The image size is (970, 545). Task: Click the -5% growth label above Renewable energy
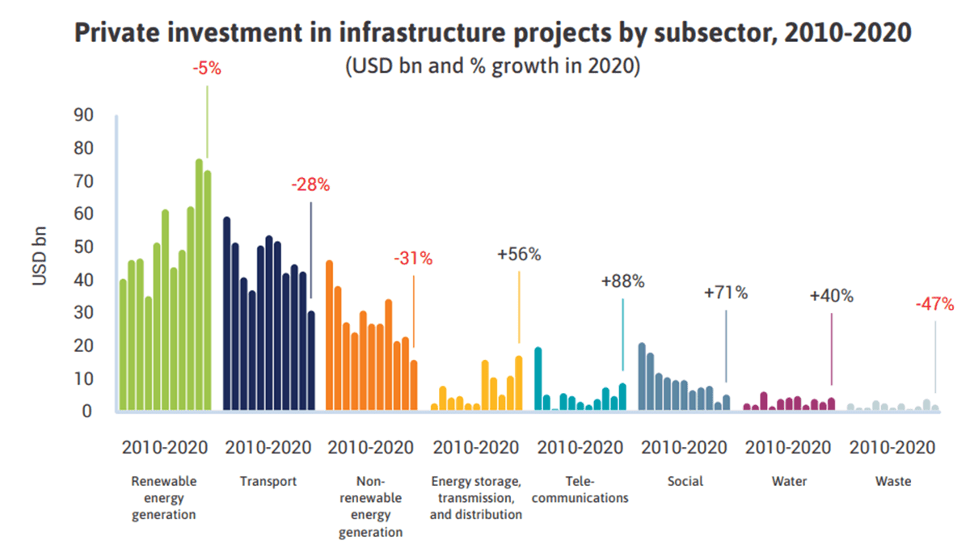click(x=206, y=70)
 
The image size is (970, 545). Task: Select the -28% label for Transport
click(x=310, y=185)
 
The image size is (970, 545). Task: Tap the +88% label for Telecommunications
click(x=622, y=282)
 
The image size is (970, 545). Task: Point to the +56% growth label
click(x=519, y=255)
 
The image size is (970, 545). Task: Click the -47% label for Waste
click(x=934, y=305)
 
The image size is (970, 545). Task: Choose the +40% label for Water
click(x=831, y=296)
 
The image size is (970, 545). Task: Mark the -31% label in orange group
click(x=413, y=260)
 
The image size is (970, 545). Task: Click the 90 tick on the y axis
click(x=83, y=115)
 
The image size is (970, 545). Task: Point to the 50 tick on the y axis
click(x=83, y=247)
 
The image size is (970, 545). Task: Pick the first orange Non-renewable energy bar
click(x=330, y=336)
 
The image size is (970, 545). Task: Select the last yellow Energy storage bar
click(x=519, y=383)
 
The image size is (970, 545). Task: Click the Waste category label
click(x=892, y=481)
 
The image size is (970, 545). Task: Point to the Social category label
click(x=685, y=481)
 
